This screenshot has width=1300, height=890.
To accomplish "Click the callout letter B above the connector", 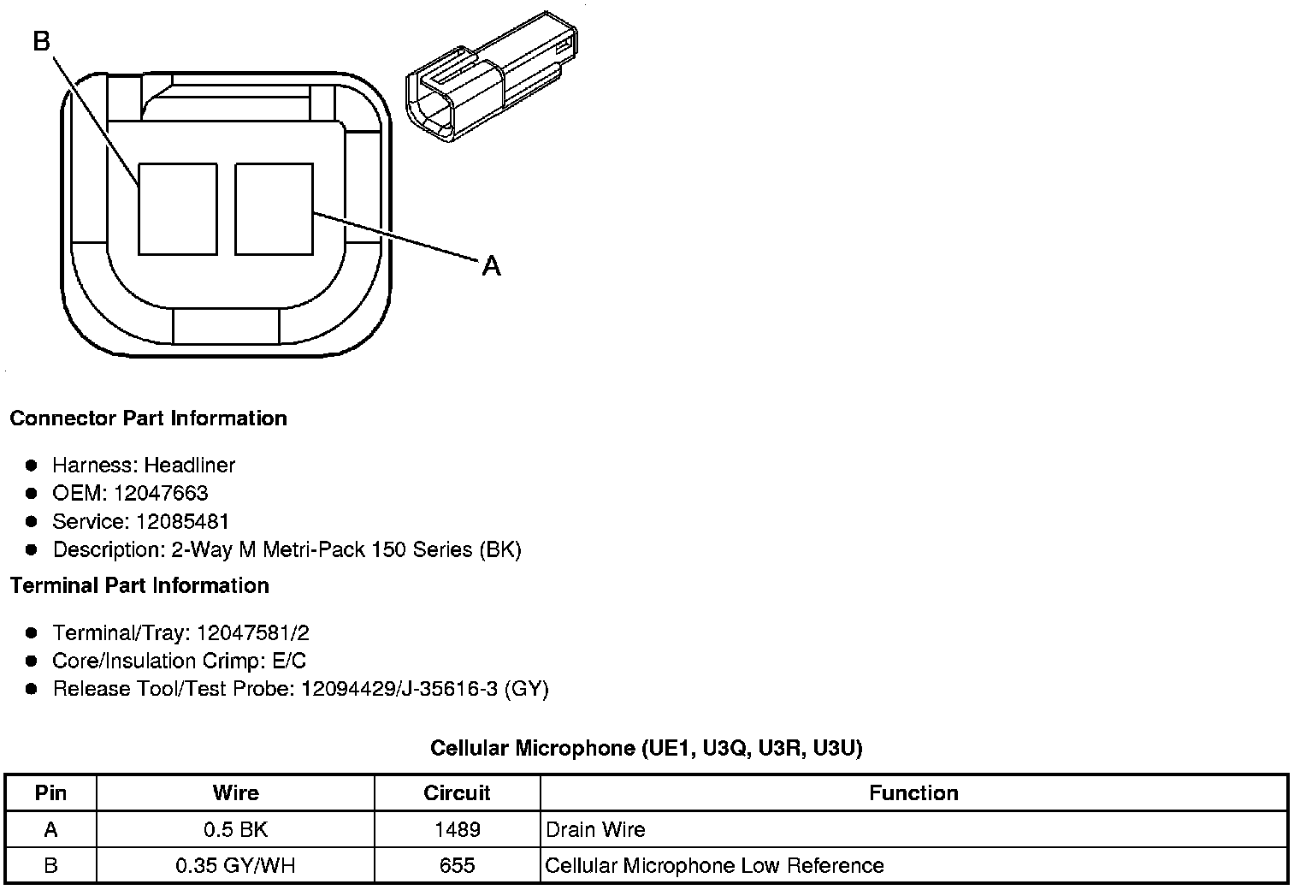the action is [41, 41].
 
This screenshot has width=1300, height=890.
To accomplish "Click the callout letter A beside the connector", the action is [491, 266].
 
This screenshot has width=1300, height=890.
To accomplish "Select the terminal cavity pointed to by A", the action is [274, 209].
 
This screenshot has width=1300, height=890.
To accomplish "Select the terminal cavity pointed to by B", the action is [178, 209].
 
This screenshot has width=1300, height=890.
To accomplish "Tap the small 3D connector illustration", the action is [492, 77].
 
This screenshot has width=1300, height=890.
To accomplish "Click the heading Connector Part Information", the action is [149, 418].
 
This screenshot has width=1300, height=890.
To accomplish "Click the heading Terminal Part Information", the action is [140, 585].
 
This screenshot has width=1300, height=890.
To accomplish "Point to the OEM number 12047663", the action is [161, 493].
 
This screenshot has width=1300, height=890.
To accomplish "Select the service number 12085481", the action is [181, 521].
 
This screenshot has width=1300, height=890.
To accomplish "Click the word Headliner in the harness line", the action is [190, 465].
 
